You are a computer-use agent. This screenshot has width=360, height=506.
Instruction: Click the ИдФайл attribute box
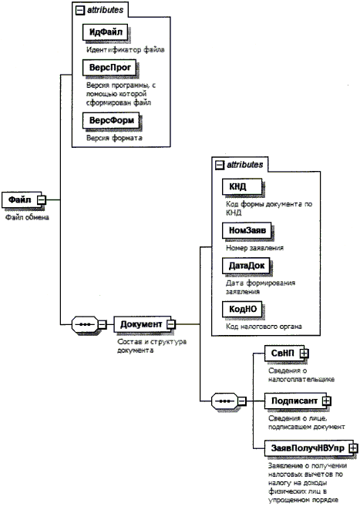(106, 32)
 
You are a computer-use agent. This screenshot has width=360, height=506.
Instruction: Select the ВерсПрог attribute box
(109, 68)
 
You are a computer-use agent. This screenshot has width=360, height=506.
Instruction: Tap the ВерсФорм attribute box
(111, 120)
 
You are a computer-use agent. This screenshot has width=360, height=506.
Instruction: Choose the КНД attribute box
(242, 187)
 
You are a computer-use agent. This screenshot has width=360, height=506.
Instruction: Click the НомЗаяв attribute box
(247, 230)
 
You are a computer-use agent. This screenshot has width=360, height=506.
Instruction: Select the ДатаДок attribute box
(246, 266)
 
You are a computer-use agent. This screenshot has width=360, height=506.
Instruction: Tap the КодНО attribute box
(242, 309)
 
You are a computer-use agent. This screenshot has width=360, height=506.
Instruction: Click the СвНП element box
(284, 354)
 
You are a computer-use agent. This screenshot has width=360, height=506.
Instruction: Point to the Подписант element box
(296, 400)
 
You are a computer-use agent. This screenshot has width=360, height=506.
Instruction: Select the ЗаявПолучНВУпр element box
(309, 448)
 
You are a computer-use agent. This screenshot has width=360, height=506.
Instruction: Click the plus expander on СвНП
(304, 354)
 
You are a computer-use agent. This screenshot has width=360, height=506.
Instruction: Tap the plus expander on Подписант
(327, 401)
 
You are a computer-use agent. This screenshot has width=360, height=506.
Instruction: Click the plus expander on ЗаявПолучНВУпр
(354, 448)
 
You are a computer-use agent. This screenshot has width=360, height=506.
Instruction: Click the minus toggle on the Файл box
(42, 200)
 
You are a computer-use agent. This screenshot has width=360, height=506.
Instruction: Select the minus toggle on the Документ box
(171, 324)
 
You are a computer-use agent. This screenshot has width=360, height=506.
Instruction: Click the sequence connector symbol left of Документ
(85, 324)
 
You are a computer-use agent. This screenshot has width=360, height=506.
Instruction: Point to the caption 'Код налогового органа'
(264, 327)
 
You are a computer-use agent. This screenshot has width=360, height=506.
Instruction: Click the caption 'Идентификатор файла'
(126, 50)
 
